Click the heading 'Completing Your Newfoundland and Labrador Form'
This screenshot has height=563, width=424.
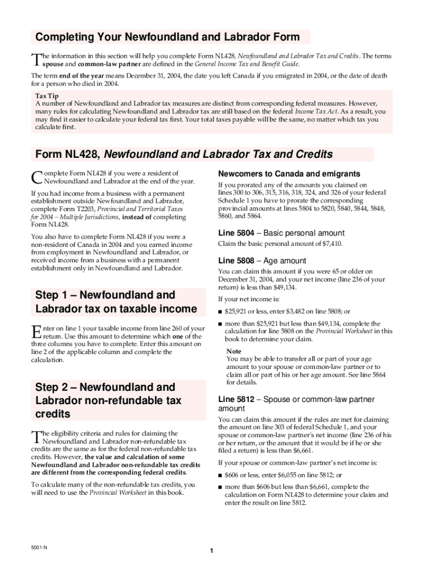point(167,37)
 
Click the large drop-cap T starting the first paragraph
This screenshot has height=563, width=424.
point(36,59)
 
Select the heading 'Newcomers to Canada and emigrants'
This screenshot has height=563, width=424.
point(289,174)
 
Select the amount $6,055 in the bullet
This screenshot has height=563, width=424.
point(279,475)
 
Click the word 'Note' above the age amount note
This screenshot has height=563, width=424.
point(233,351)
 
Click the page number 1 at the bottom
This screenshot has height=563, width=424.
point(211,551)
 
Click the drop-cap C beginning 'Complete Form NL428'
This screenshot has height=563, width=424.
point(36,177)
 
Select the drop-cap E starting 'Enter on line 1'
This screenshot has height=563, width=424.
point(36,332)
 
